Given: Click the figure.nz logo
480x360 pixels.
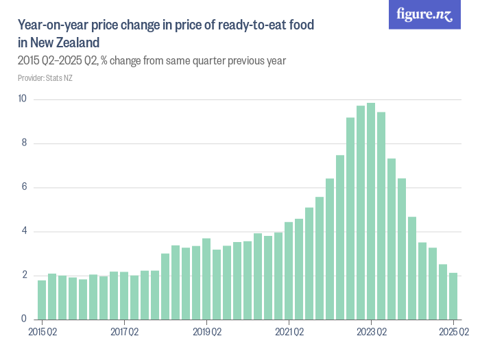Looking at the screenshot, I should point(424,14).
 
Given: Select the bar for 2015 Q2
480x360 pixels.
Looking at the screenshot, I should point(42,300).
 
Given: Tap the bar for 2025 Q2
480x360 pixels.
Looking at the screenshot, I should point(453,296).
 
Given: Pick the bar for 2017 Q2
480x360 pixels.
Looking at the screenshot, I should point(124,296).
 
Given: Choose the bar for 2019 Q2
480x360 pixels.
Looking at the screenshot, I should point(206,279).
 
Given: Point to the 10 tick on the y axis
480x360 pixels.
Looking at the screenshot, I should point(22,99).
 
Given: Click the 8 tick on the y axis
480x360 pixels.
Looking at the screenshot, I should point(23,143).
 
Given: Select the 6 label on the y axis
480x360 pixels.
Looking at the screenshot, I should point(23,187).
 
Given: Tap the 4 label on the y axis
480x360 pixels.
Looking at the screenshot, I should point(23,231).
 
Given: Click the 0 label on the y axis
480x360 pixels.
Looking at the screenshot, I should point(23,319).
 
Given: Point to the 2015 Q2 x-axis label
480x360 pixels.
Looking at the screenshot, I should point(42,333).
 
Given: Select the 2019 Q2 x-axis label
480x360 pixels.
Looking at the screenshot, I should point(206,333).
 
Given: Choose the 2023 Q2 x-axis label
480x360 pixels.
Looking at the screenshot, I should point(371,333).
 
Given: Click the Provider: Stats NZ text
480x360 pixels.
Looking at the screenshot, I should point(45,77).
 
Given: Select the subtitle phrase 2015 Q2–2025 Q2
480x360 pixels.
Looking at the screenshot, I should point(57,61).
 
